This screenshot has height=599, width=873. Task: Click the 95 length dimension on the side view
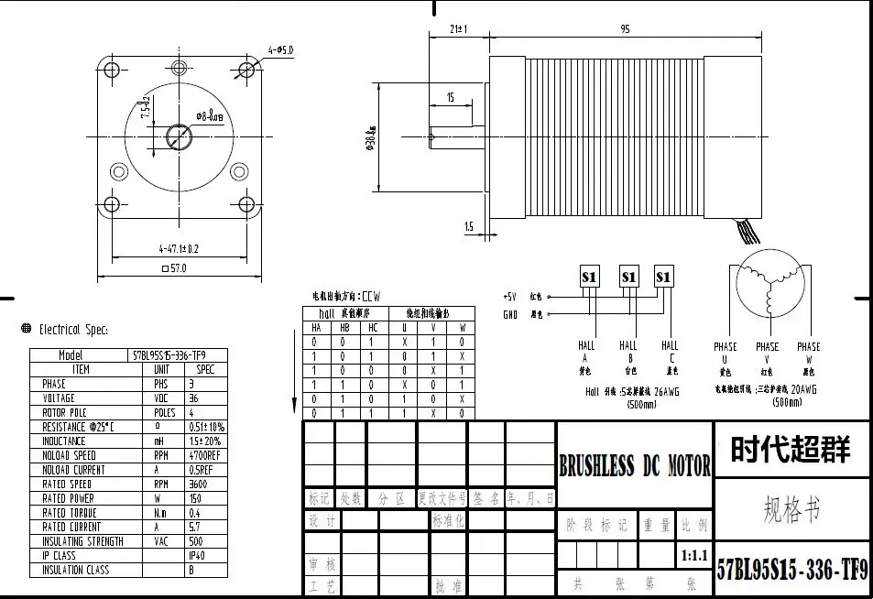625,29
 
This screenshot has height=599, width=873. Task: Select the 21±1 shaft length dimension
459,29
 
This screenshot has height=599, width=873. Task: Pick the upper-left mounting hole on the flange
114,71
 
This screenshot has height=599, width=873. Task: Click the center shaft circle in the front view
179,137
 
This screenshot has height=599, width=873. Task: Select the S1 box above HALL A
589,276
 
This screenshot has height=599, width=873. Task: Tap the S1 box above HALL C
664,276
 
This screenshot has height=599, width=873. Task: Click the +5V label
509,297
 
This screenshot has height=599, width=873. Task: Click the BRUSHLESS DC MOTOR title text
635,466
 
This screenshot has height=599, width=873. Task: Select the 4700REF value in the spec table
206,455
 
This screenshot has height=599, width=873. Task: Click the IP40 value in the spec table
197,555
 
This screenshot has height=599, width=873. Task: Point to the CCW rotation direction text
370,297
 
